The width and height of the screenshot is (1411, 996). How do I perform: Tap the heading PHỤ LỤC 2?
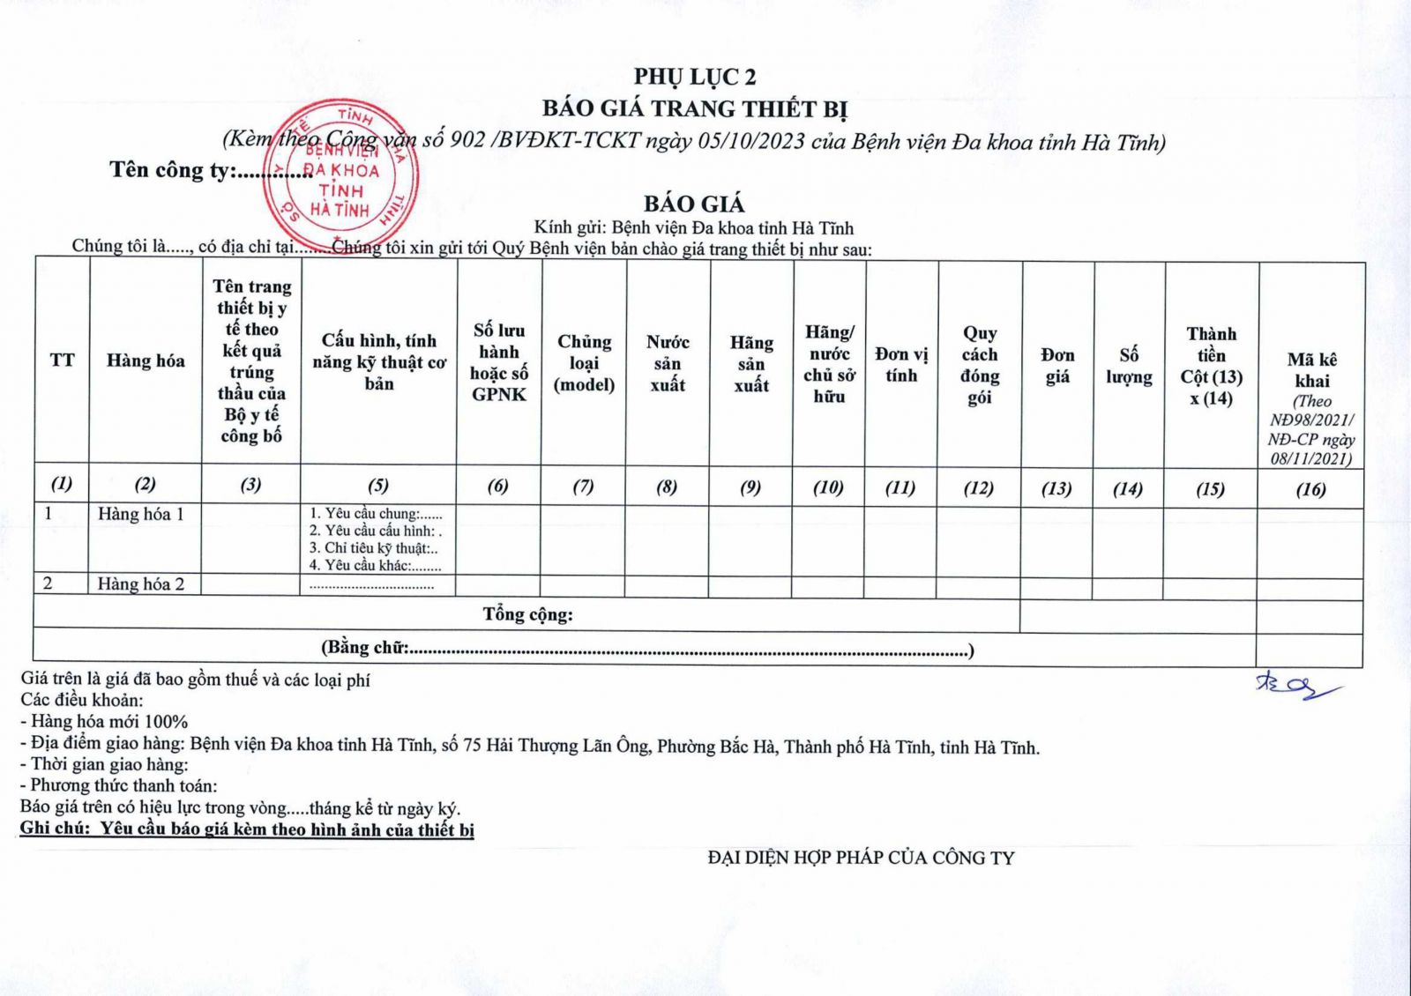point(694,77)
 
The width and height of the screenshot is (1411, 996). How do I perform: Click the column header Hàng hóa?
point(146,360)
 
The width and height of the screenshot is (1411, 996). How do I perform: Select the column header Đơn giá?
point(1057,366)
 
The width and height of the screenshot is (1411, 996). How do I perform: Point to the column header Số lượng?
point(1129,366)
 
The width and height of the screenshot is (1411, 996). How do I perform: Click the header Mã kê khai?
point(1311,371)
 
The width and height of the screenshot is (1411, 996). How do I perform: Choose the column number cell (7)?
point(583,486)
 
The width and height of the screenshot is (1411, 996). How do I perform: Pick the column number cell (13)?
point(1056,487)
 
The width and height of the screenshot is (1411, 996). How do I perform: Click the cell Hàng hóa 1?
point(141,514)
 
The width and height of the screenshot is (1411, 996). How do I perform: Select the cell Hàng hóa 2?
point(141,583)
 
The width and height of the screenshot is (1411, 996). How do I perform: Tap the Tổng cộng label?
point(527,614)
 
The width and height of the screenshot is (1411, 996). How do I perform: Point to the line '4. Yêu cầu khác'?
point(374,566)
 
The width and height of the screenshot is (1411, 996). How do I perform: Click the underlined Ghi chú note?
point(247,829)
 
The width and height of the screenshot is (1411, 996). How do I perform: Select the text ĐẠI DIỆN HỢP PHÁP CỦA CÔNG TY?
point(861,857)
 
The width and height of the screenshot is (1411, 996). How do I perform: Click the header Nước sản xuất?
point(668,363)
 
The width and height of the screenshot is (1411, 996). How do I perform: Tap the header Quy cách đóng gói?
point(980,365)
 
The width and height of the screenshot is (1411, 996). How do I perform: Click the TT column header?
point(62,360)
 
